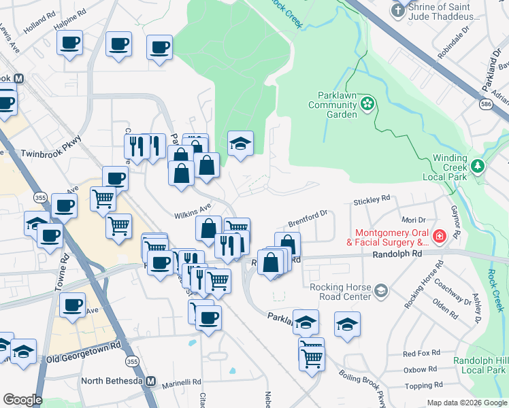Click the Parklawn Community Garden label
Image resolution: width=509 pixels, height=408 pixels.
[332, 105]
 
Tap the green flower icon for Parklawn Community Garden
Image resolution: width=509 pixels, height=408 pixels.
[368, 104]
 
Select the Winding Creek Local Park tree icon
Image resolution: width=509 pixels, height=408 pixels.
[478, 166]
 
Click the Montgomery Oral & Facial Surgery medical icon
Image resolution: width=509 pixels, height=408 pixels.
[440, 237]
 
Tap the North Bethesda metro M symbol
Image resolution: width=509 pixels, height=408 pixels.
[152, 381]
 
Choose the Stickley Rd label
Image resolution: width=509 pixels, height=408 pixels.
[372, 200]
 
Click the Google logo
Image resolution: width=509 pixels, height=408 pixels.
[22, 400]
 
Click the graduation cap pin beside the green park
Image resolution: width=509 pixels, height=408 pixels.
[240, 143]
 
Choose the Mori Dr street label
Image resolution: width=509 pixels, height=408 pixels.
[413, 220]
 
